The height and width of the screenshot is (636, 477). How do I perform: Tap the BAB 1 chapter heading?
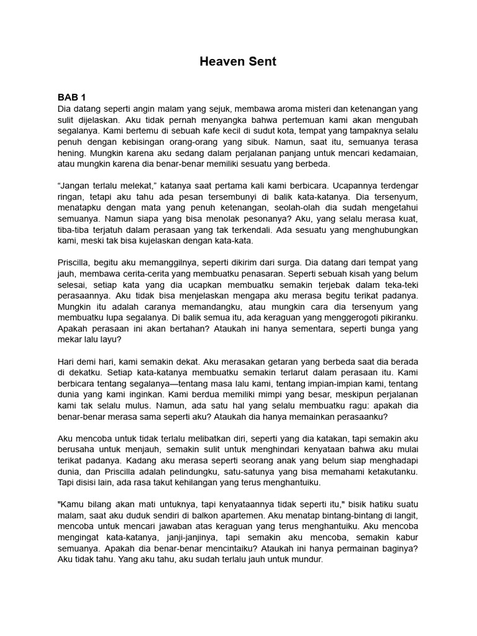71,98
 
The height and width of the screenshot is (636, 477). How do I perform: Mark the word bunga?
384,329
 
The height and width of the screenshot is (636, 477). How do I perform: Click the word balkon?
202,516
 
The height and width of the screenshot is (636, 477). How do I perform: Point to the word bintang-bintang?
349,516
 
